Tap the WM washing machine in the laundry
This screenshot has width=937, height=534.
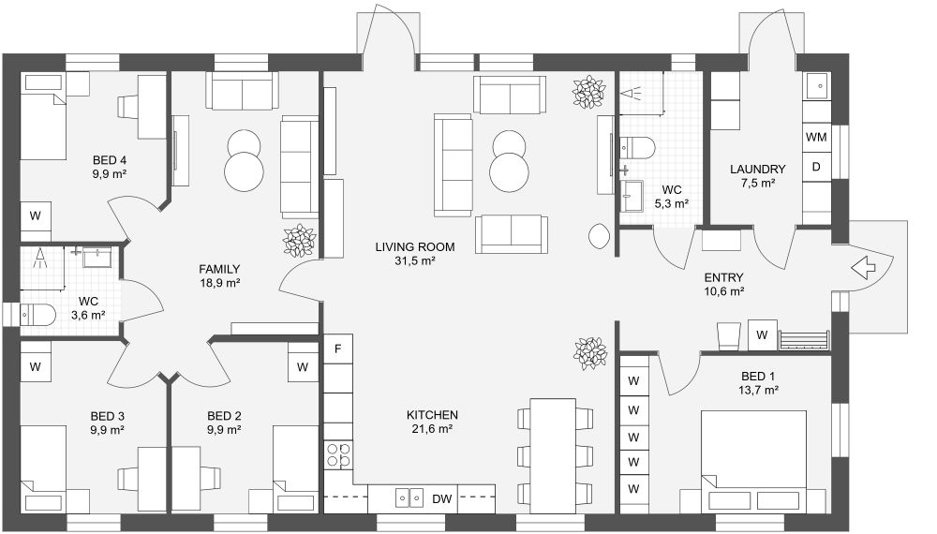point(816,137)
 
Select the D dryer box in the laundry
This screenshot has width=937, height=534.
point(816,167)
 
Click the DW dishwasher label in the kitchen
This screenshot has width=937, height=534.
point(441,498)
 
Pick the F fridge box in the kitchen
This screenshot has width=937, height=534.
point(337,349)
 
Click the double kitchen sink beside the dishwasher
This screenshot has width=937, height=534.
point(409,497)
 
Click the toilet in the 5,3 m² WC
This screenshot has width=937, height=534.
point(640,146)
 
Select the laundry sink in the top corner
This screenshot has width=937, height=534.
point(817,85)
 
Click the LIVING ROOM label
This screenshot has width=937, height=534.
point(415,247)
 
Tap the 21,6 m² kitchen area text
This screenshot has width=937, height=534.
point(432,429)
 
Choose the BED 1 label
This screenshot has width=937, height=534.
point(759,374)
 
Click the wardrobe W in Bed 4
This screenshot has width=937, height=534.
point(36,215)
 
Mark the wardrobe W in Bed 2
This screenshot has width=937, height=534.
point(303,366)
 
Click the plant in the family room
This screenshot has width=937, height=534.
point(299,240)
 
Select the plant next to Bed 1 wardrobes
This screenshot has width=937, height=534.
point(590,352)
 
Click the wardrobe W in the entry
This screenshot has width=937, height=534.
point(763,334)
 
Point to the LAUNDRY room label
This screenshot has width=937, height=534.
point(757,170)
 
